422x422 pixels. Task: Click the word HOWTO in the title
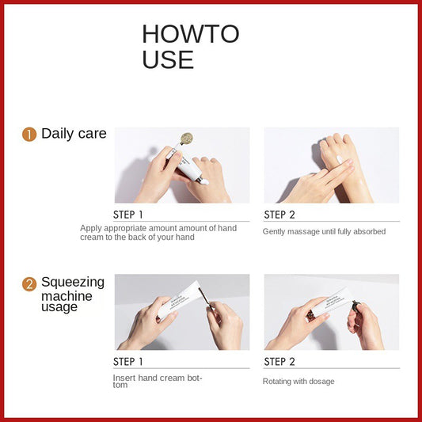[190, 34]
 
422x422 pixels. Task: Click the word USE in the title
[168, 59]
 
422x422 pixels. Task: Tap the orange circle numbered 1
[29, 135]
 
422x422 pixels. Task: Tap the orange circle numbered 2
[29, 283]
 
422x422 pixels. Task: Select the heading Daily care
[74, 134]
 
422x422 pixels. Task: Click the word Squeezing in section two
[72, 282]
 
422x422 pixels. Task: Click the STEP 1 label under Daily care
[128, 215]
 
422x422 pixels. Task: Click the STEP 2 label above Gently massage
[279, 215]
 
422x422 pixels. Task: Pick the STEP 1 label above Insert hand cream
[128, 362]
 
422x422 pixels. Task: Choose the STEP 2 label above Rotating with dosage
[279, 362]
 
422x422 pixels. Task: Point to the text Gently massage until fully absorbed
[324, 231]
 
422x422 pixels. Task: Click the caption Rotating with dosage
[298, 381]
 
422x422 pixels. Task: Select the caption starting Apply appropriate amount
[158, 233]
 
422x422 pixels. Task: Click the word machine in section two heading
[67, 296]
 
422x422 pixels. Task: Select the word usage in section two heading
[59, 307]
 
